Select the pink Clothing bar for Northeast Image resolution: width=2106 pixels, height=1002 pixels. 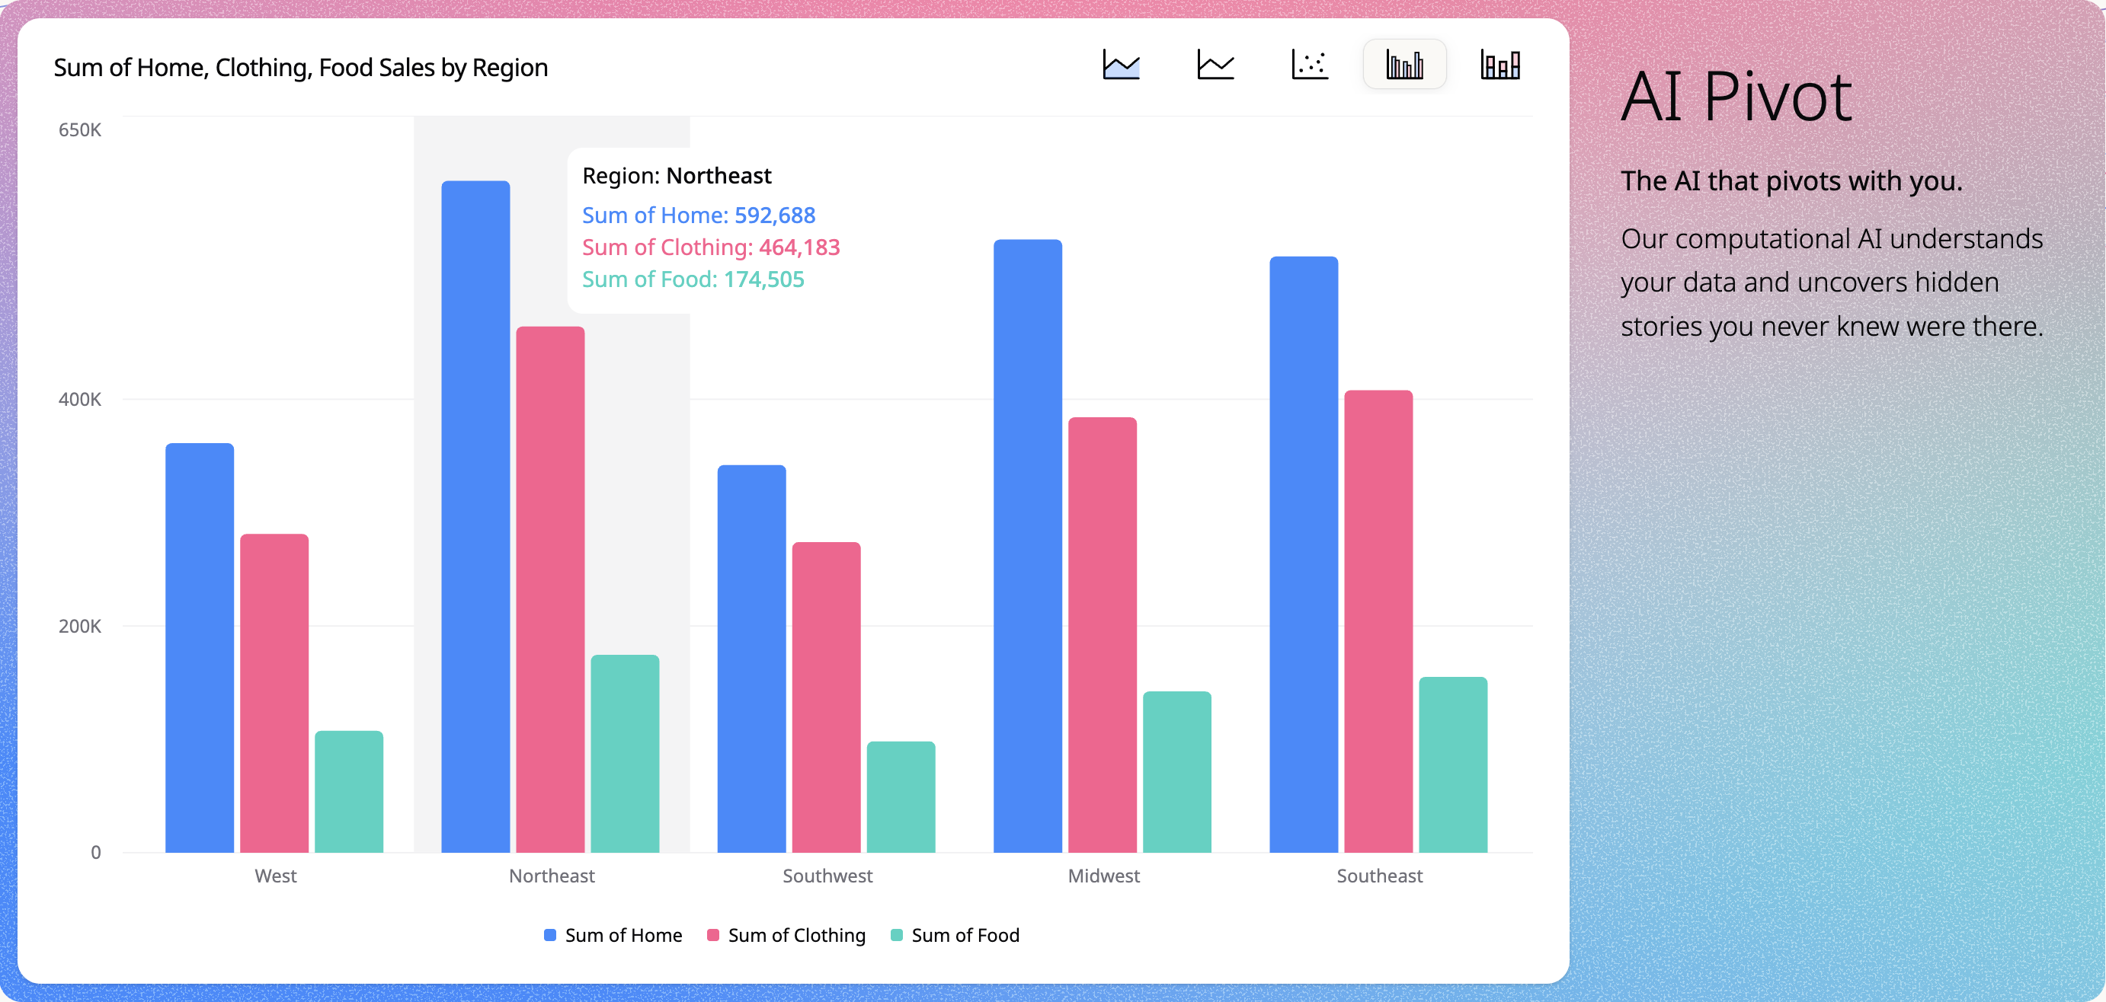click(x=550, y=589)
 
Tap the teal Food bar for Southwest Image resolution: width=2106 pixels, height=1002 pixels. click(x=901, y=797)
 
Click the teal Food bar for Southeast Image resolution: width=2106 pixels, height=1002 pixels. click(x=1453, y=764)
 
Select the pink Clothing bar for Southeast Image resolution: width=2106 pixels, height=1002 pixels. click(x=1378, y=621)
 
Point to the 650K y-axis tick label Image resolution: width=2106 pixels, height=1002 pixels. click(x=79, y=130)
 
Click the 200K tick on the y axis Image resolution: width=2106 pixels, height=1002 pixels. click(x=79, y=626)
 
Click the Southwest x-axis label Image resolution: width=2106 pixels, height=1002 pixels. click(x=827, y=876)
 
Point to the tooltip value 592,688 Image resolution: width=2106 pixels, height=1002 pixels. click(x=774, y=215)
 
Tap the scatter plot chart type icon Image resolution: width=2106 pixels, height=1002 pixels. click(x=1310, y=64)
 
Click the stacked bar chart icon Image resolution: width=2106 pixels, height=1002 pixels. click(x=1499, y=64)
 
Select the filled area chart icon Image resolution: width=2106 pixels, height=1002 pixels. click(x=1121, y=64)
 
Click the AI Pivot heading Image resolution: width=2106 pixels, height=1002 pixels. click(x=1736, y=97)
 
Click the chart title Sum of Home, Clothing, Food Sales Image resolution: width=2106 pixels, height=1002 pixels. click(x=300, y=67)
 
